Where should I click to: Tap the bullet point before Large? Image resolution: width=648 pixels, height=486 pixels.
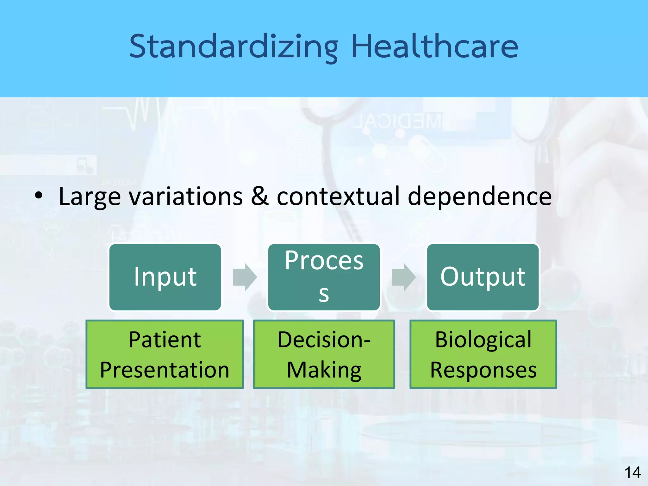(x=38, y=196)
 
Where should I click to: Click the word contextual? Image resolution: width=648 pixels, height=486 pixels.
(x=338, y=196)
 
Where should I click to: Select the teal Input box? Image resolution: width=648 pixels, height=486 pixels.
(x=165, y=277)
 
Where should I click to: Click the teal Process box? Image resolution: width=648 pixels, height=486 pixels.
(x=324, y=277)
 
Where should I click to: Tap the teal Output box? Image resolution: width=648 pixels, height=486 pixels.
(x=483, y=277)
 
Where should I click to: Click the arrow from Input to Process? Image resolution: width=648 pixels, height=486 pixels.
(x=245, y=277)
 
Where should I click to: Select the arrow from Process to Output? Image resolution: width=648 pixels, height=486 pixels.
(x=403, y=277)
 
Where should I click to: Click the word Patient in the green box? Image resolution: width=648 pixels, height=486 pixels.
(x=165, y=340)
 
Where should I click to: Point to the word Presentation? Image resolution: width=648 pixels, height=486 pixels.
(x=165, y=370)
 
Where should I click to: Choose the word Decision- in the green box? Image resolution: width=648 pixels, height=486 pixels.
(x=324, y=340)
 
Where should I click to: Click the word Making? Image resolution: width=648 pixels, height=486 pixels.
(x=324, y=370)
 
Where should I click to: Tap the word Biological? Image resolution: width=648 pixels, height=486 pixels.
(x=483, y=340)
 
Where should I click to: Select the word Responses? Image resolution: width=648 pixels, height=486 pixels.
(x=483, y=370)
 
